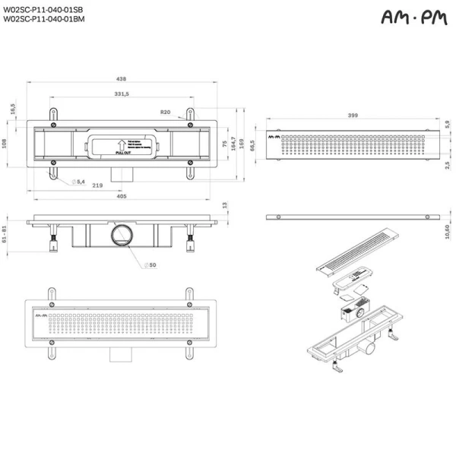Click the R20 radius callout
tap(165, 112)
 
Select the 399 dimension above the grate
tap(353, 114)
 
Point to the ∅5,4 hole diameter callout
tap(78, 182)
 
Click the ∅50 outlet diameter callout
tap(151, 264)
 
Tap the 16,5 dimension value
tap(13, 109)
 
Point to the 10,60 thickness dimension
tap(448, 230)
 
